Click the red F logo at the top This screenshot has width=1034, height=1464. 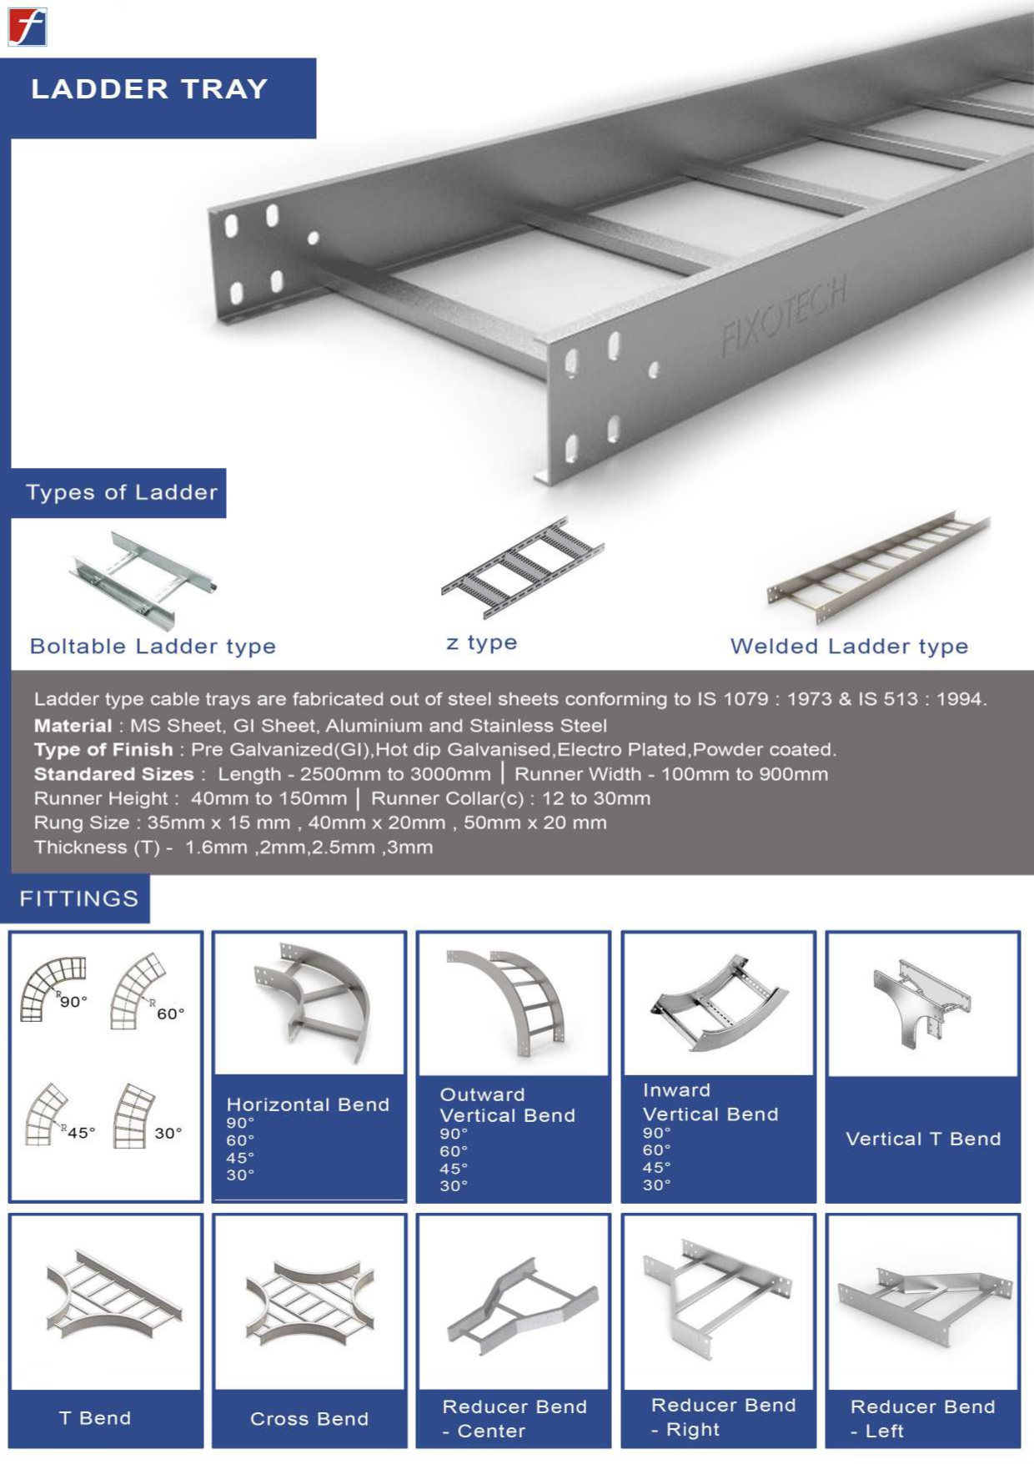pos(27,27)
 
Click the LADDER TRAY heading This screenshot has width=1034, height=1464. pos(149,88)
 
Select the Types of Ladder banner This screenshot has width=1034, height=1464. pos(121,492)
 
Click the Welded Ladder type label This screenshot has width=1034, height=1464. pos(849,646)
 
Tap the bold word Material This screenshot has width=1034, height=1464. pos(73,725)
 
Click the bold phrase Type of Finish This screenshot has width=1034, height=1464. pos(103,749)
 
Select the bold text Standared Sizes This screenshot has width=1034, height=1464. pos(113,773)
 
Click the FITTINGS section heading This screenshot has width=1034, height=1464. pos(79,898)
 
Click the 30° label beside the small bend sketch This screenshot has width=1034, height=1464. pos(168,1133)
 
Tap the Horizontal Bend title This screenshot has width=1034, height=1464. pos(308,1104)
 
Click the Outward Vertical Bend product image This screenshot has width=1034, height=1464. pos(514,1002)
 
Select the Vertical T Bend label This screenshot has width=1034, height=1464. pos(922,1139)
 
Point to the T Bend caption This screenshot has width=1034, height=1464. pos(95,1418)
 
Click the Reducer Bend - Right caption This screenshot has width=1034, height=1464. pos(722,1416)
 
